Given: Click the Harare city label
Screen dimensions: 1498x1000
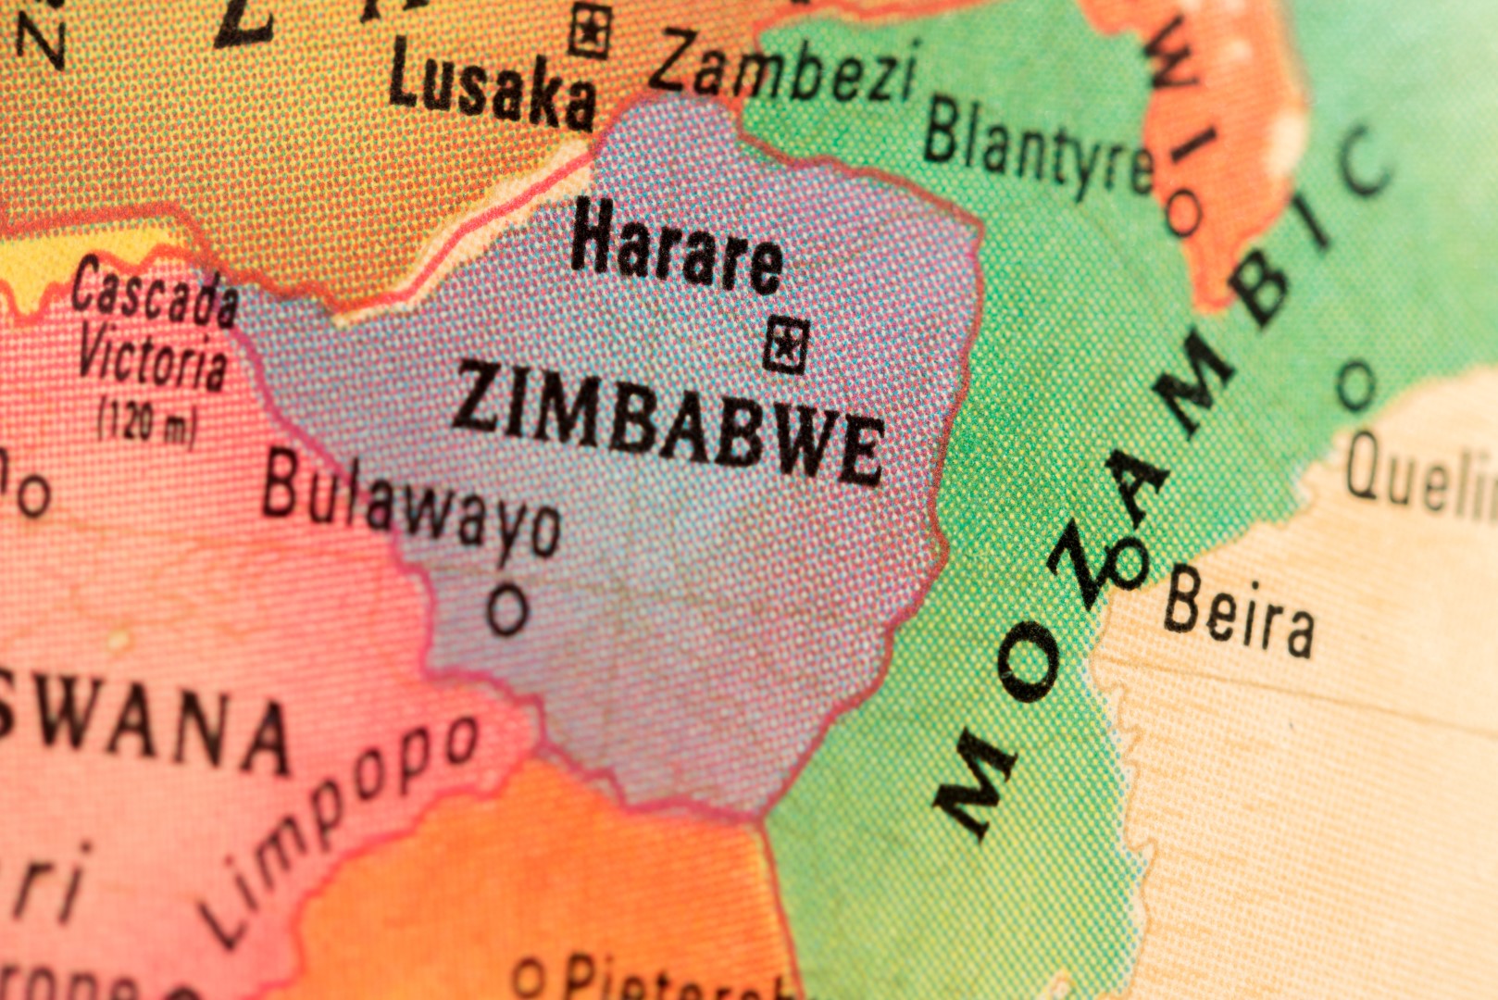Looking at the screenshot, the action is [x=677, y=247].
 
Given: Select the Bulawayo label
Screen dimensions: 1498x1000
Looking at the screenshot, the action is [x=411, y=506].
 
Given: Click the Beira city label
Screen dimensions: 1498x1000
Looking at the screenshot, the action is [x=1238, y=612].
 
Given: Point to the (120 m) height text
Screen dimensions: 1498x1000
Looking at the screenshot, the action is [x=148, y=421].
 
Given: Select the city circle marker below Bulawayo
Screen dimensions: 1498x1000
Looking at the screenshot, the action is [x=508, y=609].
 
